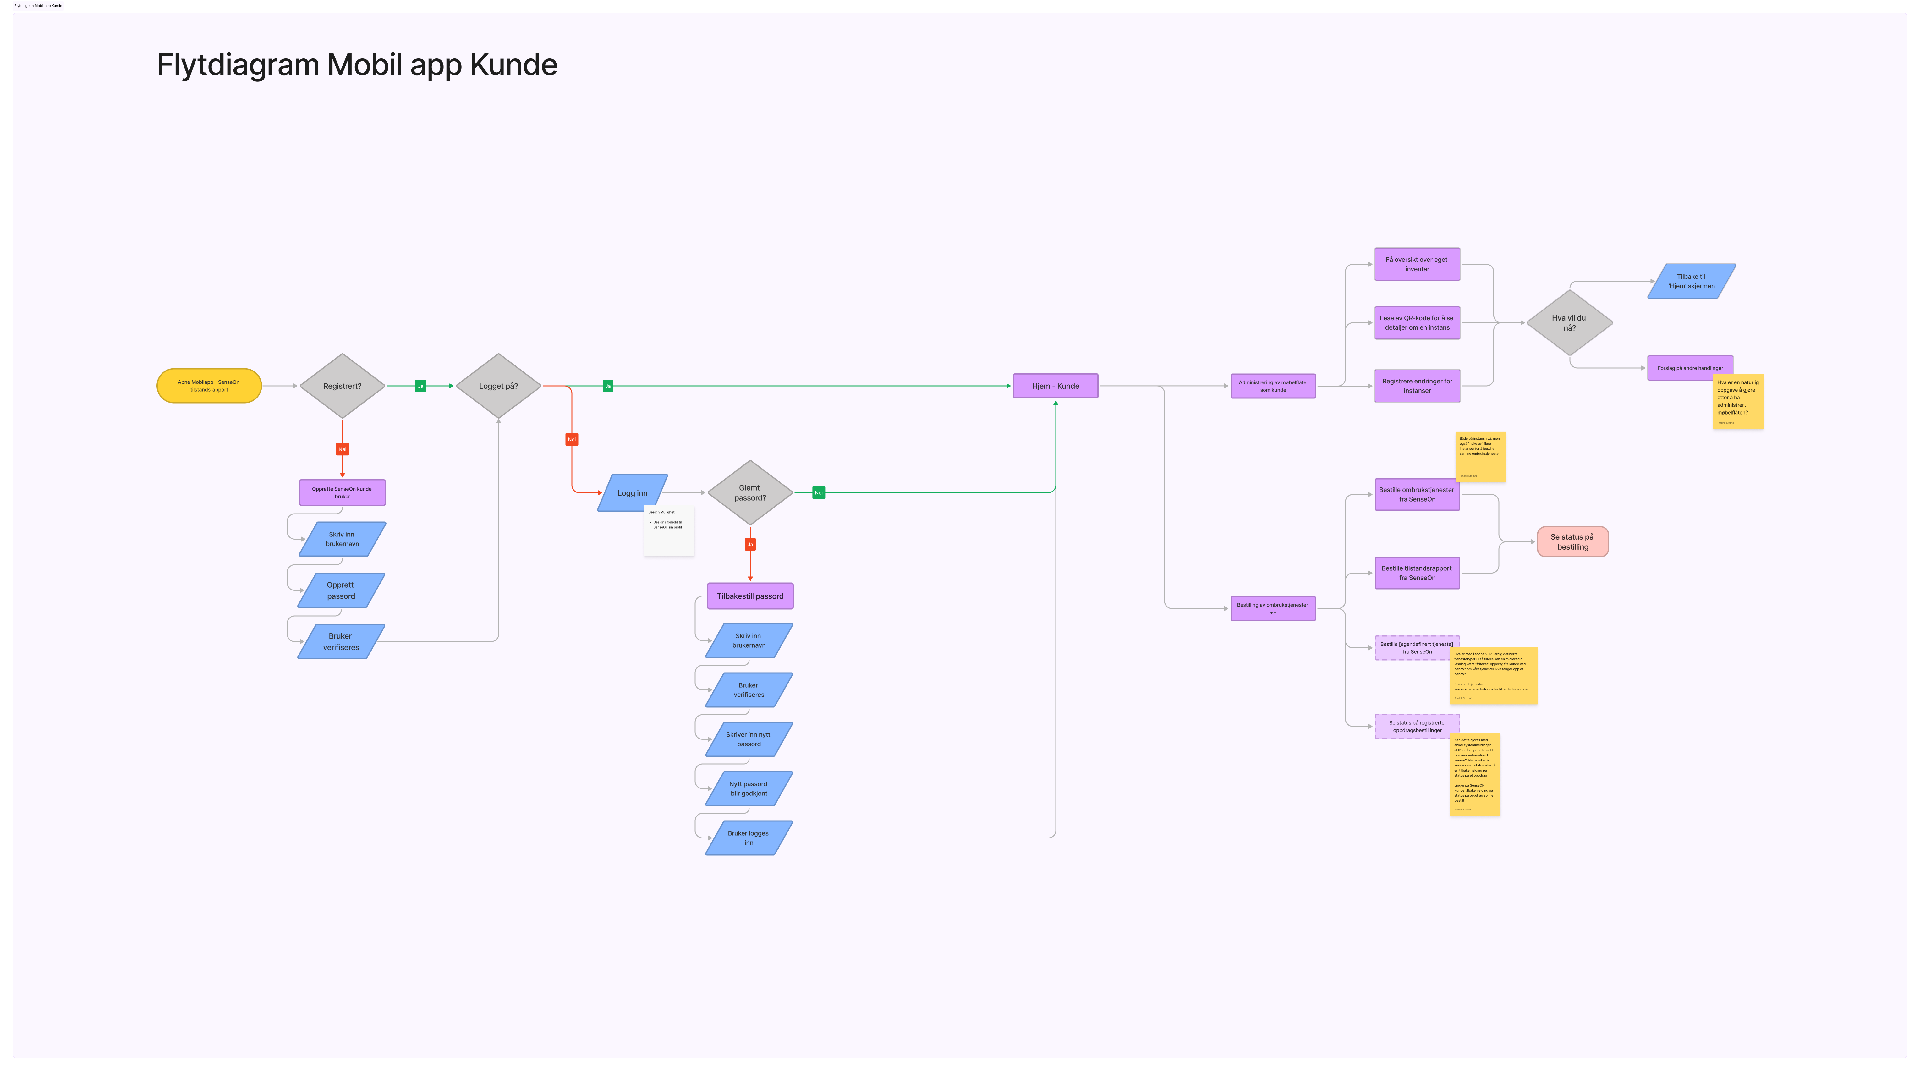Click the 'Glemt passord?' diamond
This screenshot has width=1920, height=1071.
point(750,493)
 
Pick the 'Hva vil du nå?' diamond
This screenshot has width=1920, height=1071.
point(1569,323)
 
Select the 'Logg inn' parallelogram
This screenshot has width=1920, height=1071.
point(632,493)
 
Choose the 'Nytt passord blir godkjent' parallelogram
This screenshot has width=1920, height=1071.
point(748,788)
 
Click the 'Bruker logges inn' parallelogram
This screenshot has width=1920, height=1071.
point(748,838)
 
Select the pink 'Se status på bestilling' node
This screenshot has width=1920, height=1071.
point(1572,542)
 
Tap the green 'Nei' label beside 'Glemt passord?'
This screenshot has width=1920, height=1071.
point(818,493)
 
